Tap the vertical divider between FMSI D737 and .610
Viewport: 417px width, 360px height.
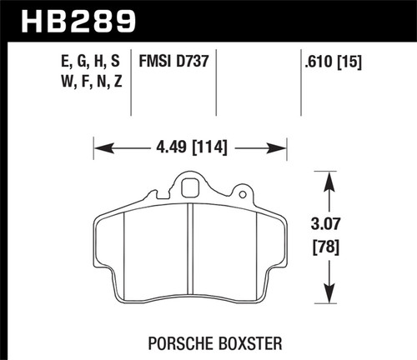click(x=301, y=79)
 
